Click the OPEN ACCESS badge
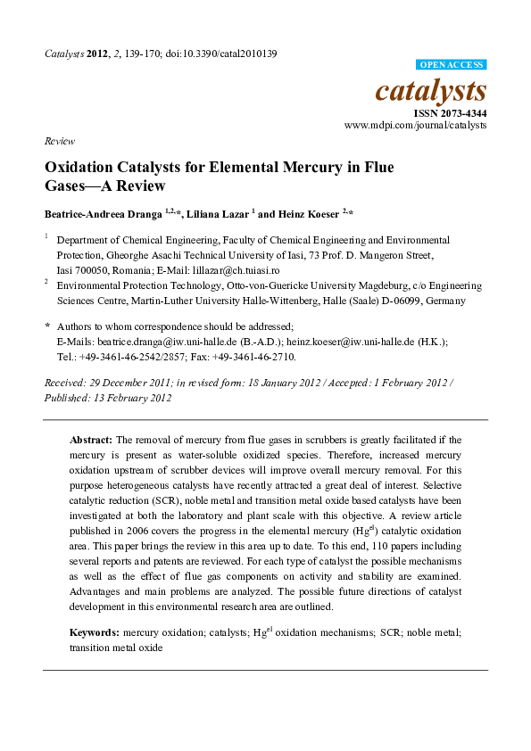click(452, 65)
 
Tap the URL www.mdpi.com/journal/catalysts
click(415, 126)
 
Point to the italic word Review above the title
click(58, 142)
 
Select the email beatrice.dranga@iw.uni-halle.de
click(165, 342)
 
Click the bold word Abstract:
click(90, 440)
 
